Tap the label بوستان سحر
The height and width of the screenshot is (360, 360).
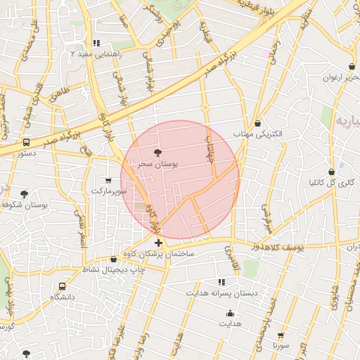[x=157, y=163]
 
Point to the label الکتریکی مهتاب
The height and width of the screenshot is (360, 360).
[x=257, y=134]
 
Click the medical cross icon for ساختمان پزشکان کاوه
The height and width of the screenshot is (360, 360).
[x=158, y=243]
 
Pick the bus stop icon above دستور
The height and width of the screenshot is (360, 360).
[x=27, y=142]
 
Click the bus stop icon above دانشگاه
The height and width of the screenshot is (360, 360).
[x=63, y=287]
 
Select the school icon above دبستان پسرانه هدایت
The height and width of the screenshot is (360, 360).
[x=222, y=281]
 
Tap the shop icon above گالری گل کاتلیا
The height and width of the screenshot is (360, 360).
[x=331, y=172]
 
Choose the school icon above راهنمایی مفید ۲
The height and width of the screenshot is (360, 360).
[x=96, y=43]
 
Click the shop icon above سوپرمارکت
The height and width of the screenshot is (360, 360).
[x=108, y=180]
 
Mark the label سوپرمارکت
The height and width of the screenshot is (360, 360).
[x=108, y=191]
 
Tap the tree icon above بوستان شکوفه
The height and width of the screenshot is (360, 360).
[x=25, y=194]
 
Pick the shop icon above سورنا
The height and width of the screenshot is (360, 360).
[x=281, y=335]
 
